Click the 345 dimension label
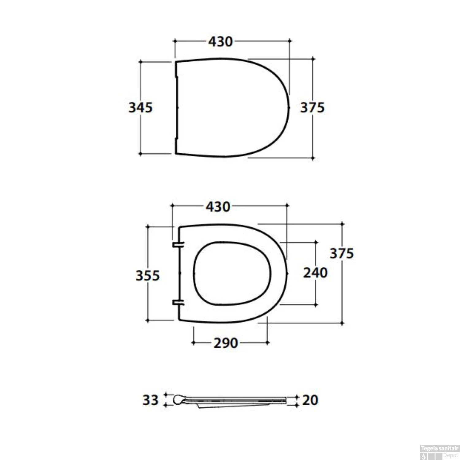click(140, 108)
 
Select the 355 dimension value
click(148, 275)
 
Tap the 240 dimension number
click(315, 273)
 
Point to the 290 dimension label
click(226, 343)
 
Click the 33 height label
click(150, 400)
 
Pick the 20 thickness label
click(310, 400)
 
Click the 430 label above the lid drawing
click(220, 41)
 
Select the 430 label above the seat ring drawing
click(218, 207)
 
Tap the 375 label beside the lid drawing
click(312, 108)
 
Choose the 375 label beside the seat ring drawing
click(342, 253)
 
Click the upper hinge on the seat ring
click(178, 244)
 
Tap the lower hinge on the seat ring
click(178, 303)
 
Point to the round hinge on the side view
click(178, 400)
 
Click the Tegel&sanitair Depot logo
click(439, 452)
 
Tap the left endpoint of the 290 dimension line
click(193, 343)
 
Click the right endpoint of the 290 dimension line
click(267, 343)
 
